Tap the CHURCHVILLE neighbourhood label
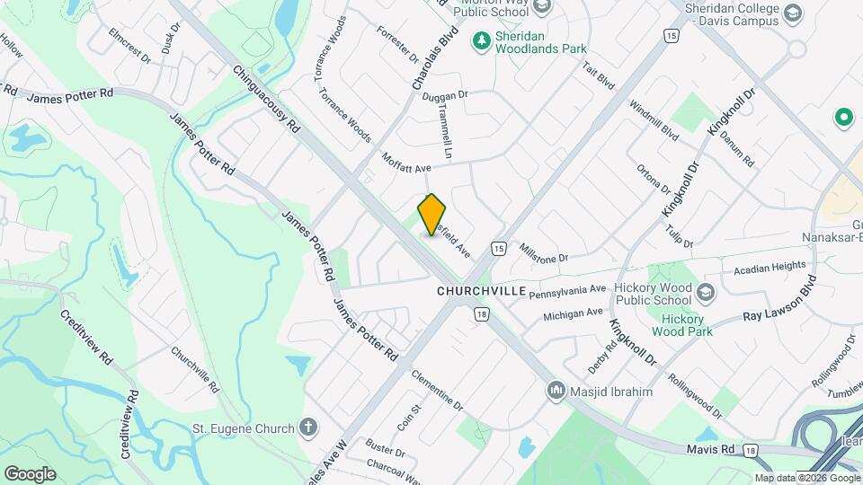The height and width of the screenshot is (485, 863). [482, 291]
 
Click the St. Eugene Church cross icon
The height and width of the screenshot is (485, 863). [308, 427]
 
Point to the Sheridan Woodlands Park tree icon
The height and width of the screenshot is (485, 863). [483, 40]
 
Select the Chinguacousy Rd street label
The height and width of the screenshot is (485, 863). [265, 100]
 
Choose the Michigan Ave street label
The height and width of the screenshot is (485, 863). [573, 314]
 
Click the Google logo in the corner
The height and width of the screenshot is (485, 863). [30, 473]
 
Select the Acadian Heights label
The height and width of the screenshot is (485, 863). [769, 268]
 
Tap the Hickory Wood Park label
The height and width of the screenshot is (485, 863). [687, 324]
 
